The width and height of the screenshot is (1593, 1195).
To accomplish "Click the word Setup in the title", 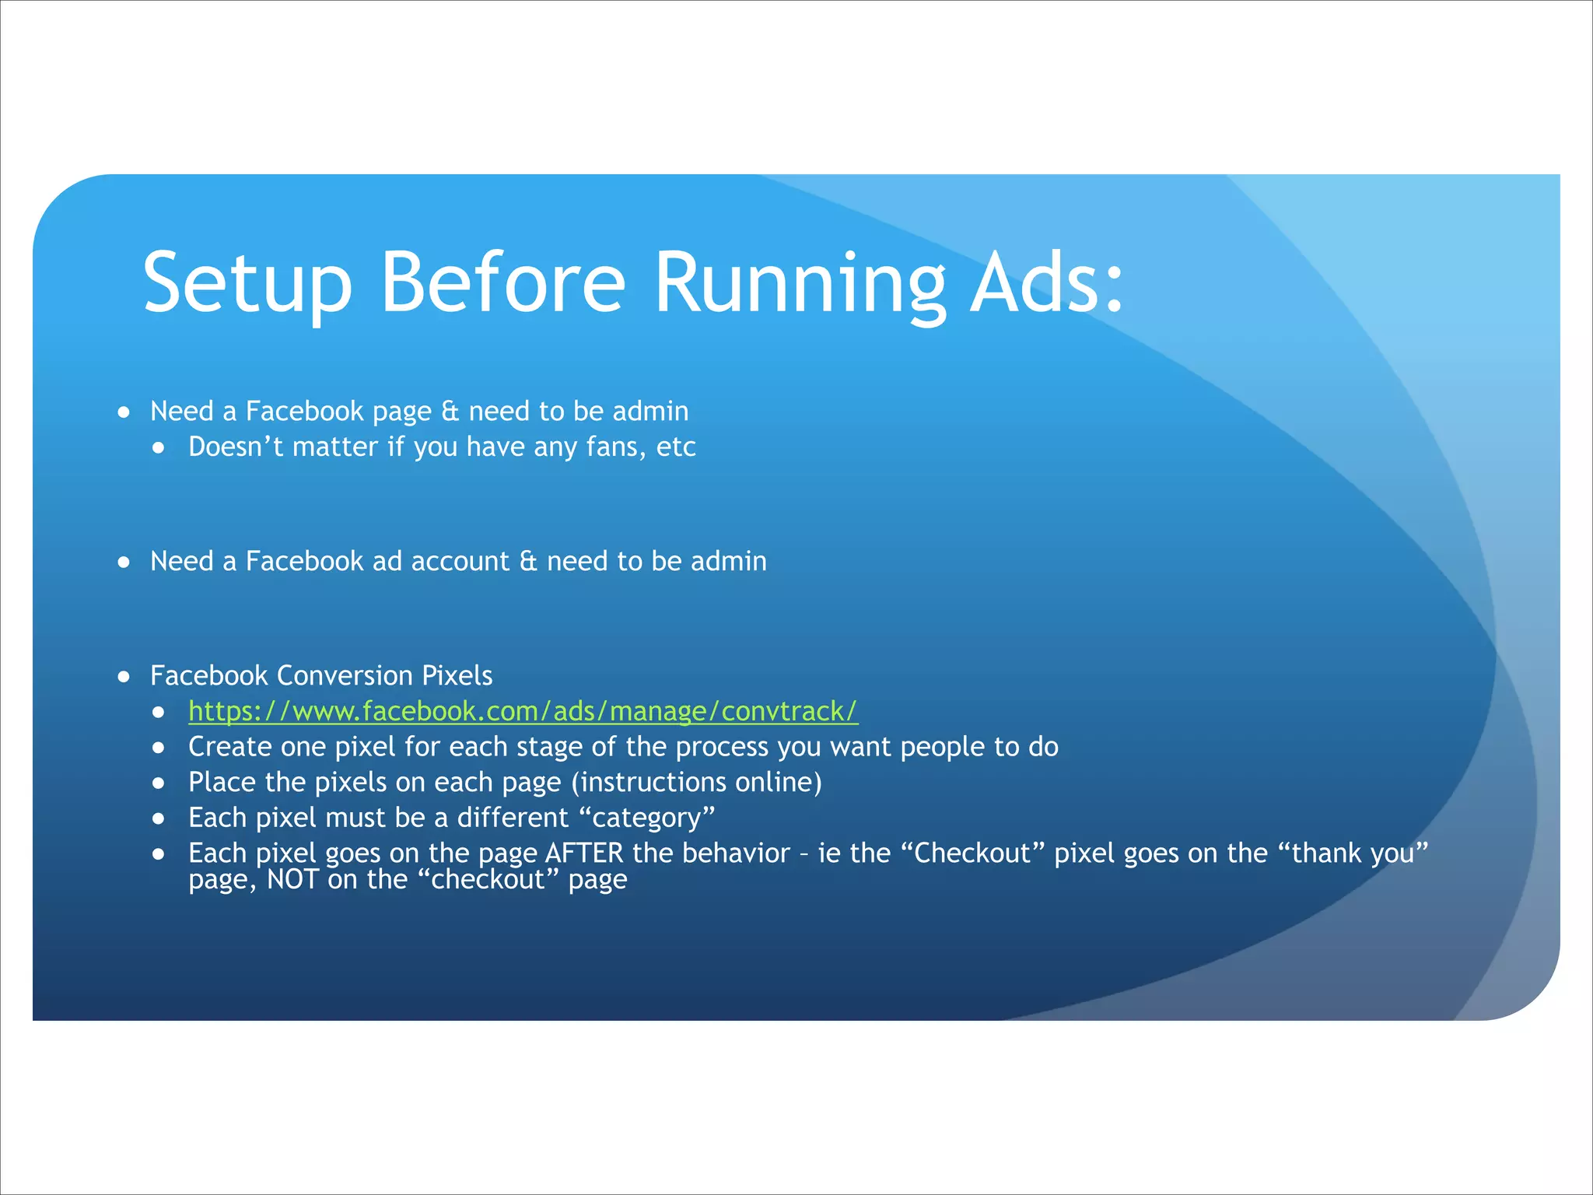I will [247, 283].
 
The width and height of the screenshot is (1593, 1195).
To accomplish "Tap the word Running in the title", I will [800, 283].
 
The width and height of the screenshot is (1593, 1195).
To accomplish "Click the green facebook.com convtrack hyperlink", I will [523, 711].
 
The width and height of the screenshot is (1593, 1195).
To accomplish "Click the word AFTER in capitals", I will [584, 853].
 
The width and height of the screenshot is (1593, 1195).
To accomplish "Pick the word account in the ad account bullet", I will [460, 562].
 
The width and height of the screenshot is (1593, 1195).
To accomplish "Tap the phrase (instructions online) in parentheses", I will [696, 783].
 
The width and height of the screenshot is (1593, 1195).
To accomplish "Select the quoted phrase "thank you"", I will [1353, 853].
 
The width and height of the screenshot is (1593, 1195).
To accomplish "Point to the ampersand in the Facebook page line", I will [450, 412].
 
